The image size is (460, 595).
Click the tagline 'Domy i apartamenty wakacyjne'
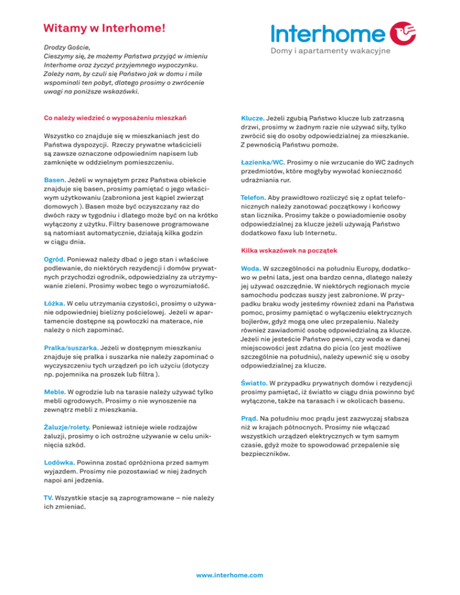click(331, 51)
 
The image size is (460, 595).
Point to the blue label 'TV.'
click(49, 498)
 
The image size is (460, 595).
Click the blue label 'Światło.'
click(254, 382)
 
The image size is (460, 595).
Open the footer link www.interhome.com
click(230, 575)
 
